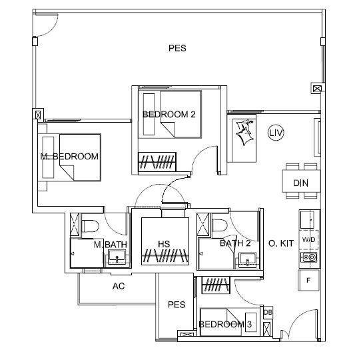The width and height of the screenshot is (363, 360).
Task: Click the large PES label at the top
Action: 177,48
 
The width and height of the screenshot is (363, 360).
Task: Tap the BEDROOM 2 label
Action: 169,115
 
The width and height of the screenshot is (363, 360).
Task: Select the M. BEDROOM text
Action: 69,157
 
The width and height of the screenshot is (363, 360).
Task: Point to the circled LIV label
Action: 276,133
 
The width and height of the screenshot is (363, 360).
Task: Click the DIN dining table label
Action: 301,183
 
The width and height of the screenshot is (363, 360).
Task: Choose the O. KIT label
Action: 281,243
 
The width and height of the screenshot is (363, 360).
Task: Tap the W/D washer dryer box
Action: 308,240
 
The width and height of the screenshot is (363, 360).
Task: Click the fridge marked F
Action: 309,280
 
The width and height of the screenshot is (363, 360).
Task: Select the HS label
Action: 164,244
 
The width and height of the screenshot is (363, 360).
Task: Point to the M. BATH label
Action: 110,245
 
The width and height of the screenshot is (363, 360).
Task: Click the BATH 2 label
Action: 235,243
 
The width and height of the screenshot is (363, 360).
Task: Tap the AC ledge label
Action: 119,286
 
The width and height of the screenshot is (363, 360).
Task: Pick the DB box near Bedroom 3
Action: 268,312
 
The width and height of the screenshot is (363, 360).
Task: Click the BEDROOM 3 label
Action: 225,324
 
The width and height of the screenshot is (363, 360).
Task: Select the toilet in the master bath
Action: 91,226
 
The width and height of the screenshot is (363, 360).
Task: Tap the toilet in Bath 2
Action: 220,225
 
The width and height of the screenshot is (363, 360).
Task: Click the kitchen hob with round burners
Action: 309,257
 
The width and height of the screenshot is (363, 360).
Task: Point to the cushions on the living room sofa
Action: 244,132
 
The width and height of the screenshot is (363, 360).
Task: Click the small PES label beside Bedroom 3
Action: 177,305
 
